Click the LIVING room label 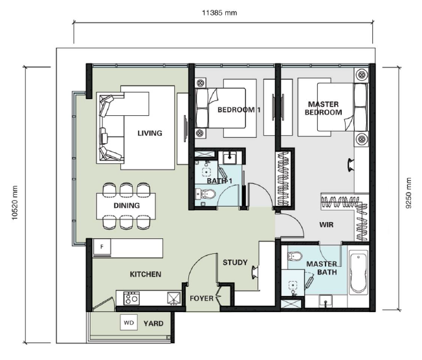click(x=150, y=133)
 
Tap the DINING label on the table click(x=126, y=205)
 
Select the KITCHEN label click(x=146, y=274)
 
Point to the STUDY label click(x=235, y=262)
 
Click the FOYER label click(x=201, y=298)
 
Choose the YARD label click(x=153, y=323)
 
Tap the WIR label click(x=326, y=225)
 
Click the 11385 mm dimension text click(x=219, y=13)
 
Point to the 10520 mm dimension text click(x=14, y=203)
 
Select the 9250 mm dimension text click(x=408, y=193)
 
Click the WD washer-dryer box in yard click(x=129, y=322)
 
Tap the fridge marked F click(x=102, y=247)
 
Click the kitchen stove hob click(x=131, y=298)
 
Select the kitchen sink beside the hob click(x=174, y=298)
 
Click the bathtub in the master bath click(x=359, y=272)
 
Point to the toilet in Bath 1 click(x=206, y=194)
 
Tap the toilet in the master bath click(x=295, y=256)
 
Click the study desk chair click(x=254, y=272)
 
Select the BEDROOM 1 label click(x=239, y=110)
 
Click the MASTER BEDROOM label click(x=323, y=108)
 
